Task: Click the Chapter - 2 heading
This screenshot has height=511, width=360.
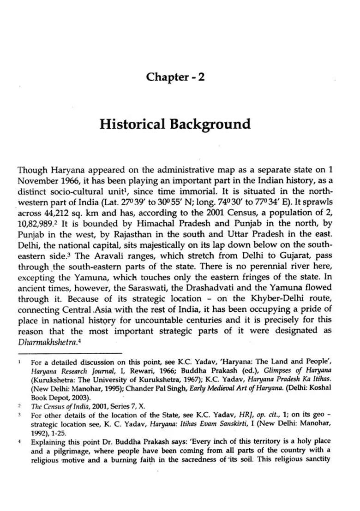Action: (x=175, y=77)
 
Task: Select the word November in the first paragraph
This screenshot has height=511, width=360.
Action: (x=37, y=180)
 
